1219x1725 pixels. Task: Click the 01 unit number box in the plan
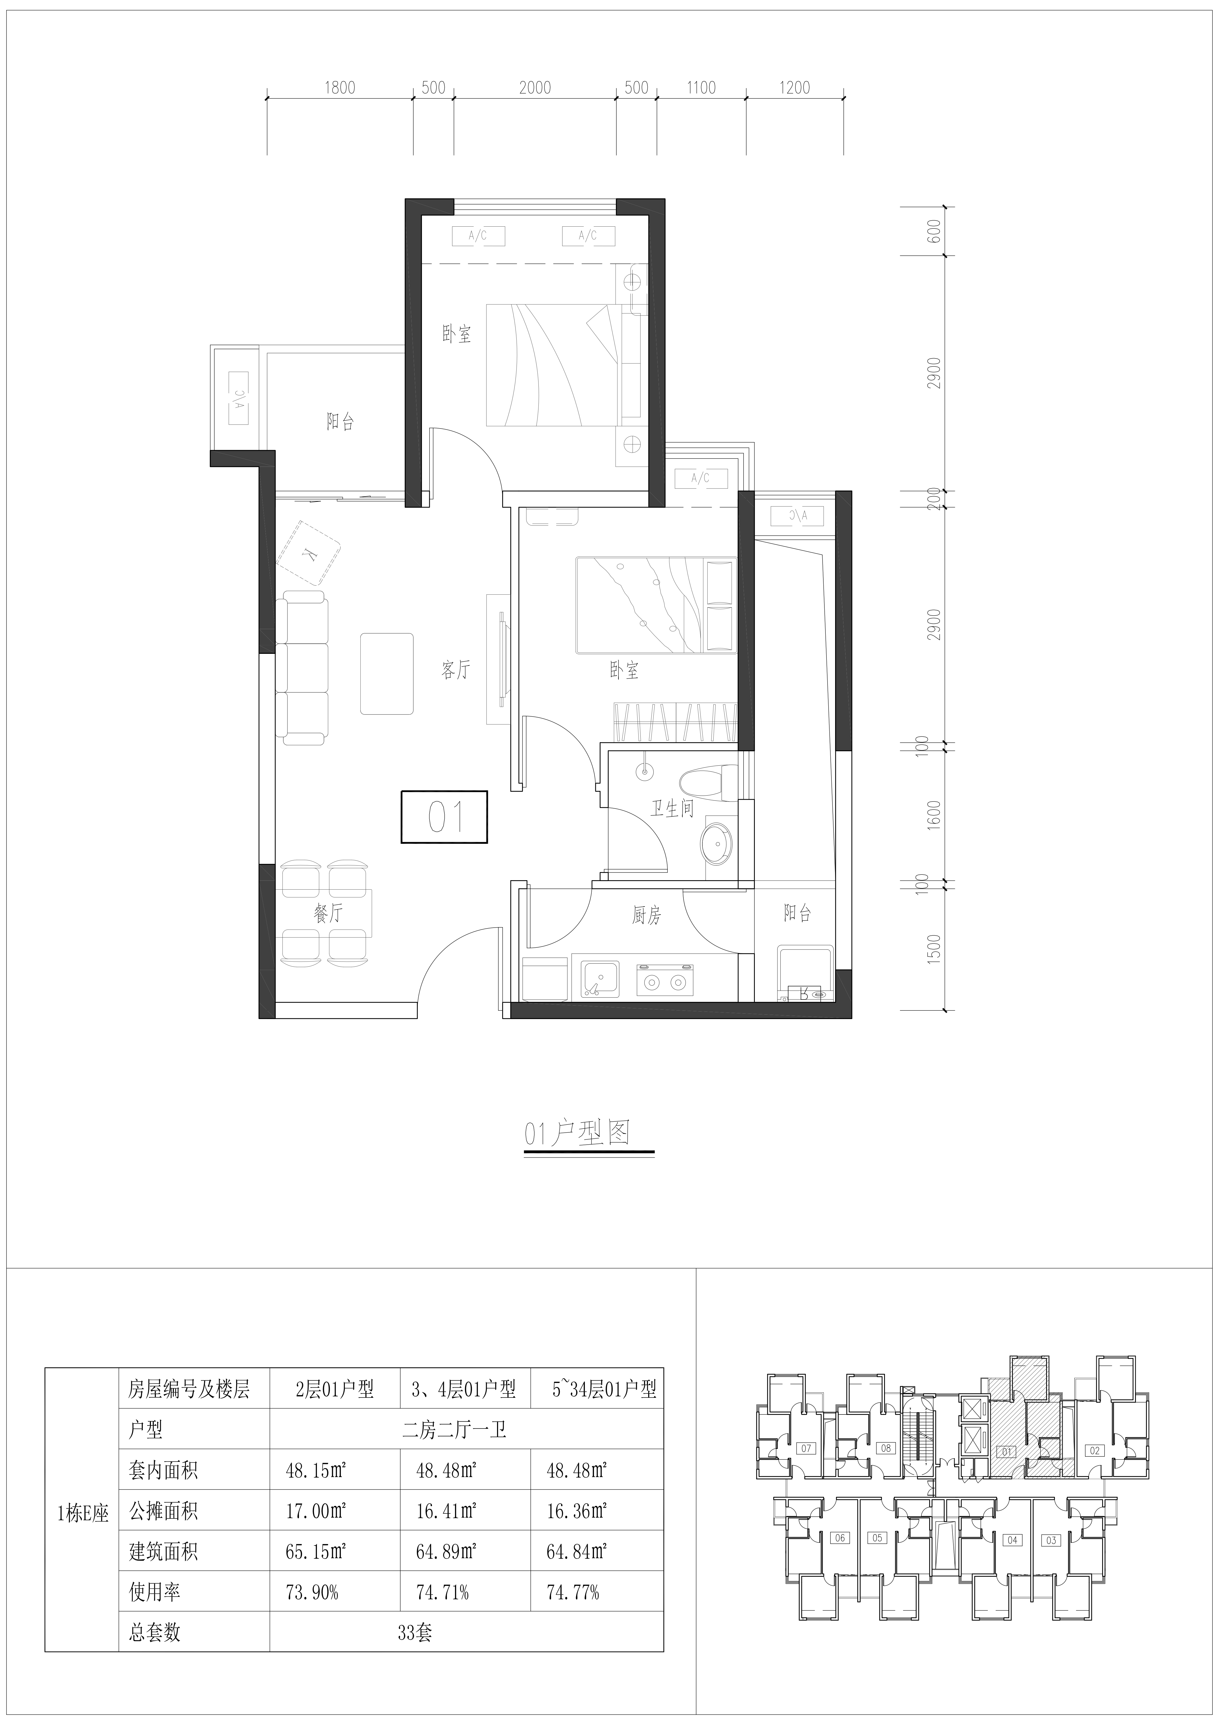click(x=444, y=817)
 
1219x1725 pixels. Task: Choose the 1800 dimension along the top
click(x=340, y=88)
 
